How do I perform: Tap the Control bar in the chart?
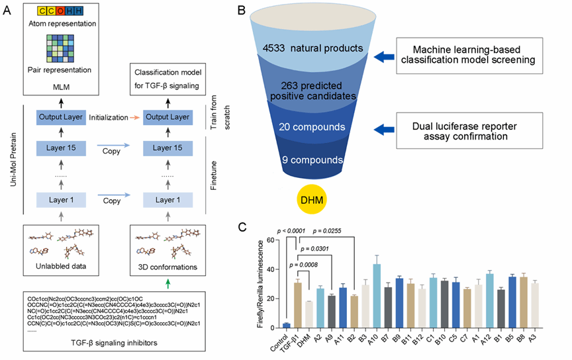(286, 325)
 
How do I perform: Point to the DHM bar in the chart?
(309, 314)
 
